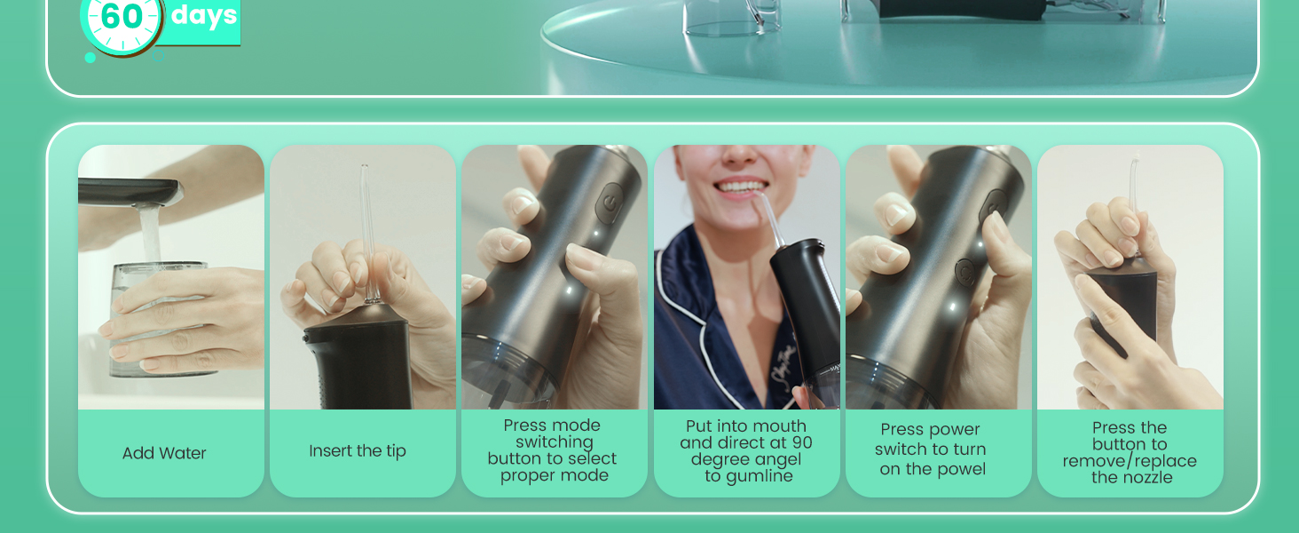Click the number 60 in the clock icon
[x=121, y=17]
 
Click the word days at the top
[x=204, y=15]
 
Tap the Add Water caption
[x=164, y=453]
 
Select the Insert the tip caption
[x=358, y=451]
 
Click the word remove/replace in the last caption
[x=1130, y=461]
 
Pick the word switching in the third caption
[x=555, y=442]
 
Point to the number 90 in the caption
[x=801, y=442]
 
